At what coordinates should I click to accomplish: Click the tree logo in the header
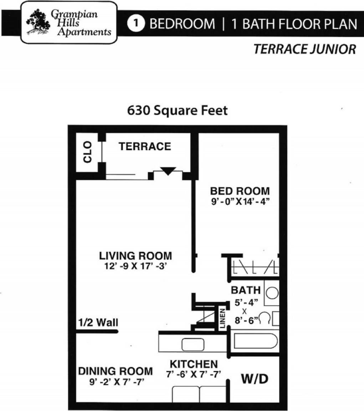click(x=37, y=22)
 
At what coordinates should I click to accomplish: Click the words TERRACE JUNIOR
click(x=304, y=49)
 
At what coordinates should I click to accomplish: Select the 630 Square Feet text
click(x=177, y=110)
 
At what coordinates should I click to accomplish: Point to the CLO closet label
click(x=88, y=152)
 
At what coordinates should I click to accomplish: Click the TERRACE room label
click(x=145, y=146)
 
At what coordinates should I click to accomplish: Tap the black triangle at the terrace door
click(x=168, y=171)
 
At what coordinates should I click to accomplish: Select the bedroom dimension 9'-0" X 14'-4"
click(x=240, y=201)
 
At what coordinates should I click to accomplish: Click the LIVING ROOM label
click(x=135, y=256)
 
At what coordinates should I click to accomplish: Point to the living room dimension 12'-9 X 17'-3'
click(x=135, y=266)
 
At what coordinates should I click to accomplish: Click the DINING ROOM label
click(x=115, y=371)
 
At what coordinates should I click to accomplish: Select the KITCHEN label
click(x=194, y=364)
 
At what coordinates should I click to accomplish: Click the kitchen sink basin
click(x=193, y=344)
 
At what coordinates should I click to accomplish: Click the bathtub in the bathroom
click(x=255, y=341)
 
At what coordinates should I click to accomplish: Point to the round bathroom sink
click(x=273, y=293)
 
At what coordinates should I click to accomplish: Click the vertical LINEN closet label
click(x=222, y=318)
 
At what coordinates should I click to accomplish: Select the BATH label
click(x=246, y=290)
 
